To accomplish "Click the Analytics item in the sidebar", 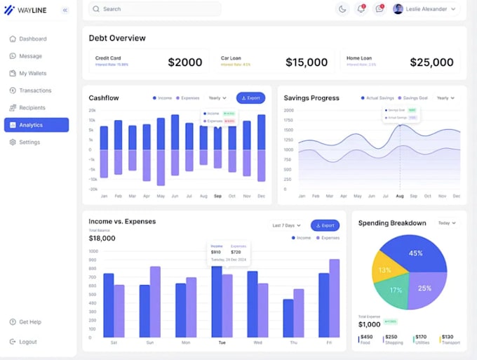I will tap(36, 125).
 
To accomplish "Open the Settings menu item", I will tap(29, 142).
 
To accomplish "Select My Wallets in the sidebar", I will tap(32, 73).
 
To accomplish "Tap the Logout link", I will tap(28, 342).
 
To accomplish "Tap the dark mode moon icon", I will tap(342, 9).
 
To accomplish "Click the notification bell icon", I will tap(361, 9).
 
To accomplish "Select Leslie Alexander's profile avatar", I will tap(398, 9).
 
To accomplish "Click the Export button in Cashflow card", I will tap(250, 98).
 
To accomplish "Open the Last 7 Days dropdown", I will tap(287, 225).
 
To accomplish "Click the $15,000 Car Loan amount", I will tap(307, 62).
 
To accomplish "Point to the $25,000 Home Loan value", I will tap(431, 62).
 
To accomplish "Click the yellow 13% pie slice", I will tap(384, 270).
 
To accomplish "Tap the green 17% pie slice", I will tap(396, 290).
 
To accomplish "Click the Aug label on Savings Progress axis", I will tap(400, 196).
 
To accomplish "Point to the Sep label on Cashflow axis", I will tap(217, 196).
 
